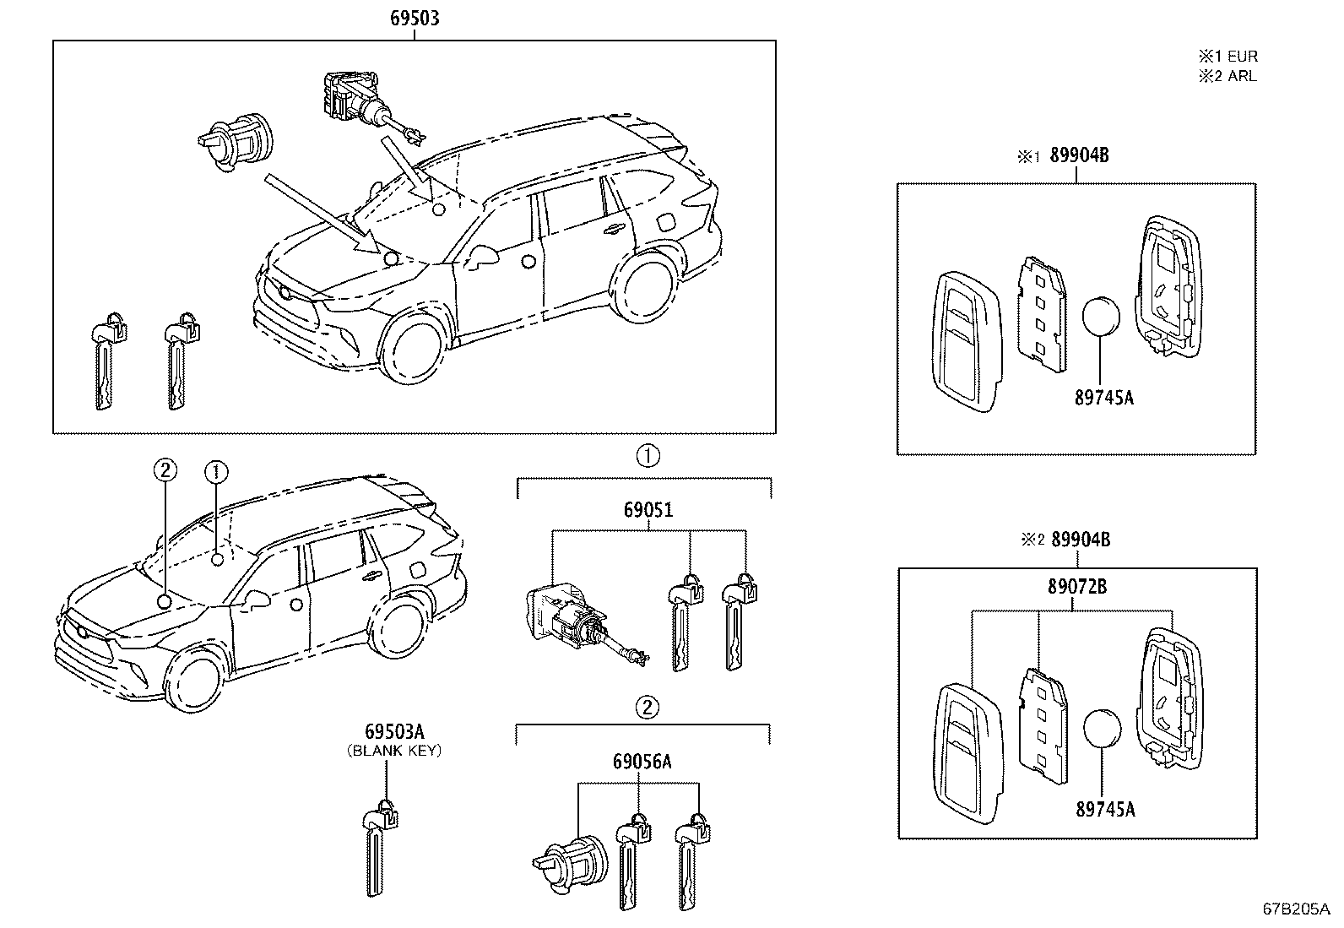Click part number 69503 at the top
click(415, 18)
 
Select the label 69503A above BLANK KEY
click(394, 731)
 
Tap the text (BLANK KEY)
click(394, 750)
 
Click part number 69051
click(648, 510)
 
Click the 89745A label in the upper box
click(1103, 397)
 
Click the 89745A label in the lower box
click(1105, 810)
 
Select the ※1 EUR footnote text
click(1227, 57)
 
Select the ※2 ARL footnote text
click(1227, 76)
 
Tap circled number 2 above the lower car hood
click(165, 469)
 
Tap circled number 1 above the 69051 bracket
click(648, 456)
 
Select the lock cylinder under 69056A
click(567, 856)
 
